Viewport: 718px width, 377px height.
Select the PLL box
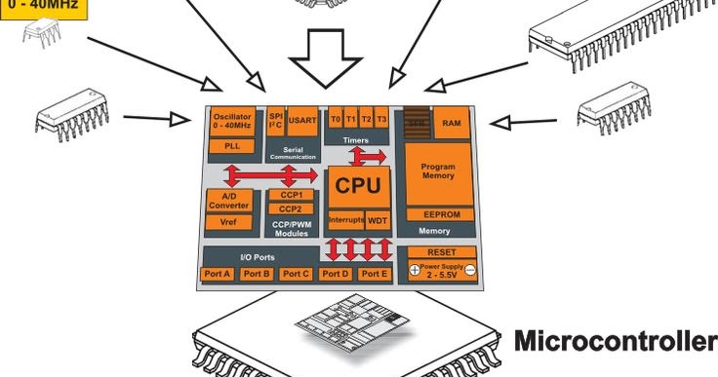pyautogui.click(x=232, y=145)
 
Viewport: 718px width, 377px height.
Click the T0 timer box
pyautogui.click(x=336, y=118)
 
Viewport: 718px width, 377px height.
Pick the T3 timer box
pyautogui.click(x=381, y=118)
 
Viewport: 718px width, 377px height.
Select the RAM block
pyautogui.click(x=452, y=123)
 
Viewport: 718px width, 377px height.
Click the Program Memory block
pyautogui.click(x=438, y=172)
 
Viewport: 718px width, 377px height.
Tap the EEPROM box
pyautogui.click(x=438, y=213)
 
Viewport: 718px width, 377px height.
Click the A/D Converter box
pyautogui.click(x=229, y=200)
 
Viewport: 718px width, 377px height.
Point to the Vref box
pyautogui.click(x=229, y=222)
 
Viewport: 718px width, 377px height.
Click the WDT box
pyautogui.click(x=378, y=220)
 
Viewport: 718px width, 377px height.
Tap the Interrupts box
pyautogui.click(x=345, y=220)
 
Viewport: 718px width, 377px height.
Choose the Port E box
pyautogui.click(x=374, y=274)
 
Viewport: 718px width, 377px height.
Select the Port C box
pyautogui.click(x=296, y=274)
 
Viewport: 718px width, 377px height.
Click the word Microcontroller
pyautogui.click(x=615, y=342)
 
